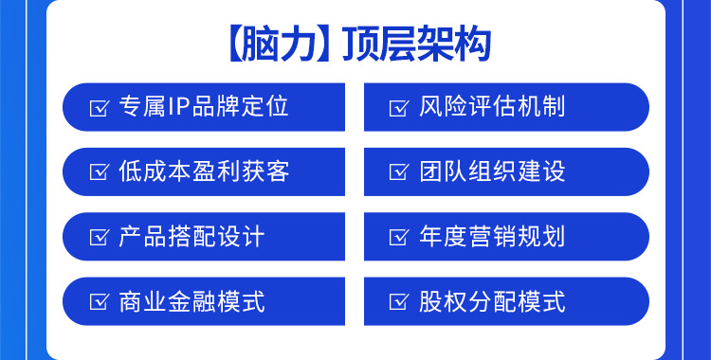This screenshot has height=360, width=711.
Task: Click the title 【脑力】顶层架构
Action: tap(355, 45)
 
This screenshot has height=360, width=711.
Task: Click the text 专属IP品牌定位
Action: tap(204, 106)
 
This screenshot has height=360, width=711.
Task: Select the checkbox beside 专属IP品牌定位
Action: tap(99, 107)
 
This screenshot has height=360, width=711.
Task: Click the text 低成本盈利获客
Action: tap(204, 171)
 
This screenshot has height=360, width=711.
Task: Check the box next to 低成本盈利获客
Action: tap(99, 172)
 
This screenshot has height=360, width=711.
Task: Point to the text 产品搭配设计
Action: tap(191, 237)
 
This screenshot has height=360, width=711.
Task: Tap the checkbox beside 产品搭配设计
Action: tap(99, 238)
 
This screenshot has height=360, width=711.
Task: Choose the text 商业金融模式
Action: tap(191, 302)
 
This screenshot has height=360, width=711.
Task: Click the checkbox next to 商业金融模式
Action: tap(99, 303)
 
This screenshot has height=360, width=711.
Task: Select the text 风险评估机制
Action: tap(492, 106)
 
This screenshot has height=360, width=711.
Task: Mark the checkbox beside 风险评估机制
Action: tap(399, 107)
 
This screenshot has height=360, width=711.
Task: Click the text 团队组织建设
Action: tap(492, 171)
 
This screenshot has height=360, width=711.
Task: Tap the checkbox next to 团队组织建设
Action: tap(399, 172)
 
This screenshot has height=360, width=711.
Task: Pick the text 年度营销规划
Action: tap(492, 237)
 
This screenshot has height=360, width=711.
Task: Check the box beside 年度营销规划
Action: tap(399, 238)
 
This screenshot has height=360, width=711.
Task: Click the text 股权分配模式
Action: tap(492, 302)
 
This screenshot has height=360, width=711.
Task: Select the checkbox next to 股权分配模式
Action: tap(399, 303)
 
